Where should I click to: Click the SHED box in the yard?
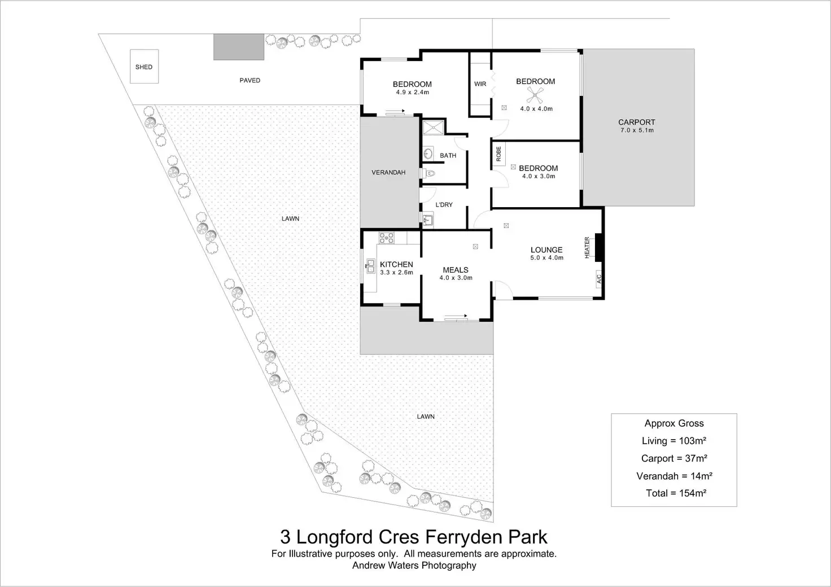click(144, 67)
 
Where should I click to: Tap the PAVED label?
click(250, 81)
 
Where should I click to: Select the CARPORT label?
click(636, 122)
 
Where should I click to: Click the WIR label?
click(480, 84)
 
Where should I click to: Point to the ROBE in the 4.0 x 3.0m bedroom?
click(498, 155)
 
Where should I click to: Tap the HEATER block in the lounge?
click(600, 247)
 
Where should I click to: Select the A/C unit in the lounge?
click(599, 278)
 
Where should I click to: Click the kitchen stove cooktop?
click(386, 238)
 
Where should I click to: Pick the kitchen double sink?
click(371, 266)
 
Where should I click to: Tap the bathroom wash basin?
click(427, 153)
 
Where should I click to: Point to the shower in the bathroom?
click(433, 127)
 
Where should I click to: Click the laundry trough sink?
click(427, 219)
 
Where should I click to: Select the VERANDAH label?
click(388, 172)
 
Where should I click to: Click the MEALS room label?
click(456, 270)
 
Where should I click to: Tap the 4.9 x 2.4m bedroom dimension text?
click(412, 92)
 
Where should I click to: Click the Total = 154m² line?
click(676, 493)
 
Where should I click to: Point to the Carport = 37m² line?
click(674, 459)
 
